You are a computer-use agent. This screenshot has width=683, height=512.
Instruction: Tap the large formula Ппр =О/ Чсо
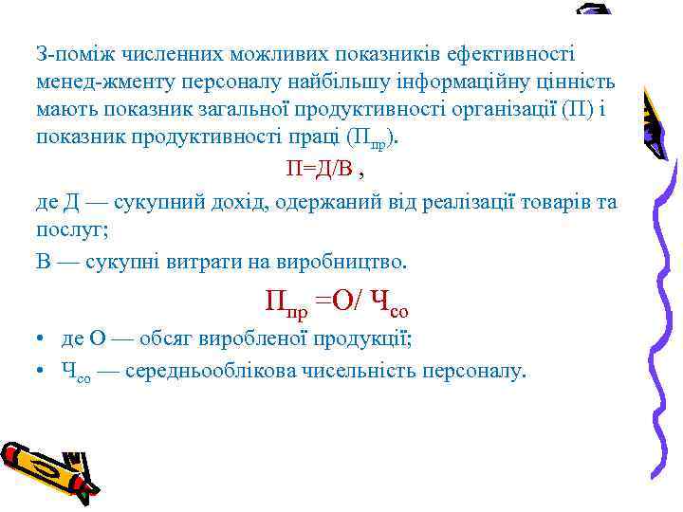(x=337, y=302)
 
